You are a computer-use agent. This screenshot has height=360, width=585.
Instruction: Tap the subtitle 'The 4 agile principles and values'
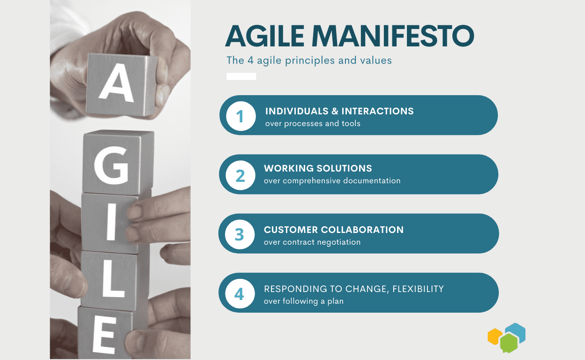[x=309, y=60]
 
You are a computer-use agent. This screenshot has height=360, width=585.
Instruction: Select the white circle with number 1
[x=240, y=116]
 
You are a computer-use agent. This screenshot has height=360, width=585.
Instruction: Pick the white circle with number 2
[x=240, y=175]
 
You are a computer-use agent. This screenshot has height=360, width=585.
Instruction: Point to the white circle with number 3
[x=240, y=234]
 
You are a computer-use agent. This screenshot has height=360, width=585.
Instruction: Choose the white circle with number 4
[x=240, y=293]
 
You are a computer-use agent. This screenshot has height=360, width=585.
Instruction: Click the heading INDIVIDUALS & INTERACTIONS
[x=339, y=111]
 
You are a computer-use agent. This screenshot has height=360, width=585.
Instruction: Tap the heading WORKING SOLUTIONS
[x=318, y=168]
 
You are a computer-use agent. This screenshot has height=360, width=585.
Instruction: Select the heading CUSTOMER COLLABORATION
[x=333, y=230]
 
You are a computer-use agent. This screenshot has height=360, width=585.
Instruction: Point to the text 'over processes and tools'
[x=313, y=124]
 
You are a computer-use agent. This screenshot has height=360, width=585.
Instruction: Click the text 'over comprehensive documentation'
[x=332, y=180]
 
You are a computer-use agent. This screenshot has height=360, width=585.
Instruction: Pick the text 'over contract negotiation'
[x=312, y=242]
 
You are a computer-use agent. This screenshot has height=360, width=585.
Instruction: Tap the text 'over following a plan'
[x=303, y=301]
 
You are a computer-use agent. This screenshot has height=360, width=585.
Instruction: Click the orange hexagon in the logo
[x=495, y=337]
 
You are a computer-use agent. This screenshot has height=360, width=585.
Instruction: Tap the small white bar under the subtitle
[x=241, y=76]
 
